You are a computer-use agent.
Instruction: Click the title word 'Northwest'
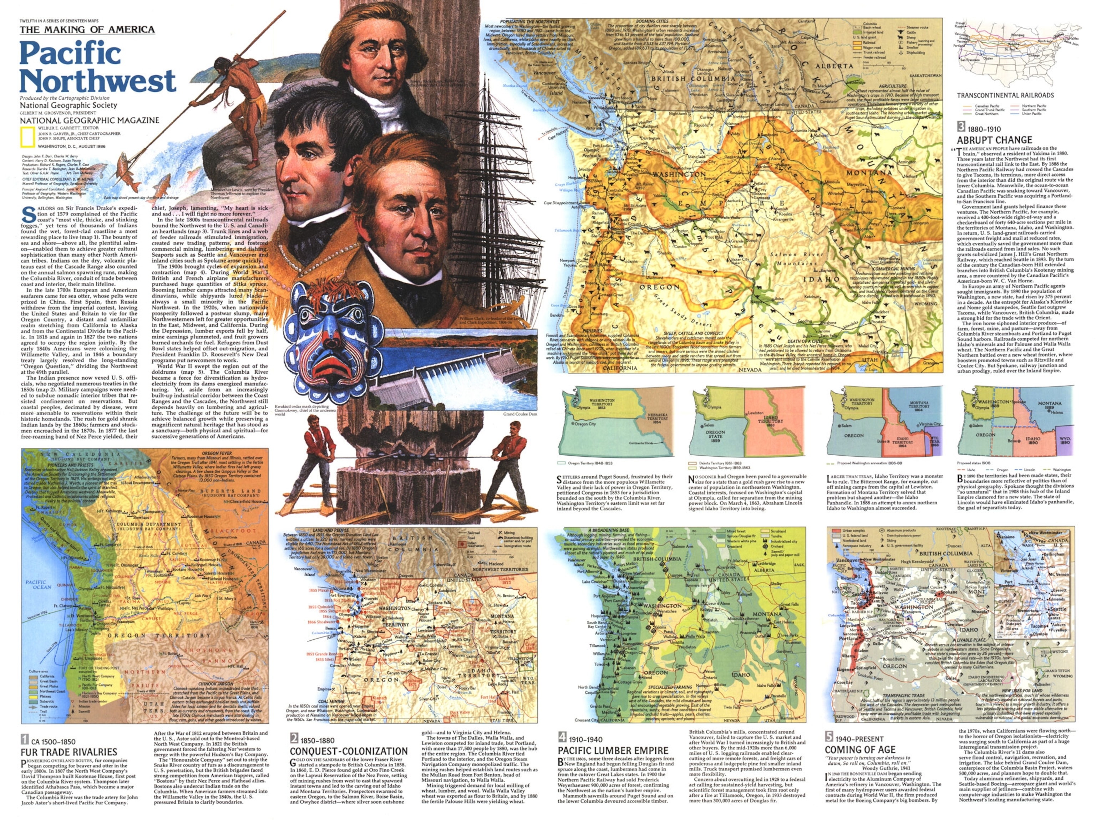click(x=98, y=80)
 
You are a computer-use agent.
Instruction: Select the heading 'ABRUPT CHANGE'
click(x=994, y=140)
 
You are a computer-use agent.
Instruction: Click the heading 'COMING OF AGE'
click(x=860, y=750)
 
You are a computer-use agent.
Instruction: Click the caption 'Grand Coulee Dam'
click(x=520, y=414)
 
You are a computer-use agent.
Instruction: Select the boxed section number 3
click(x=961, y=127)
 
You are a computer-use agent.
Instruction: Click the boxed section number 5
click(x=829, y=736)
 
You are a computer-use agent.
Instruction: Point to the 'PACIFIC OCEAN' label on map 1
click(x=39, y=584)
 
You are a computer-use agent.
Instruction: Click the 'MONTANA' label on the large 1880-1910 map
click(x=869, y=173)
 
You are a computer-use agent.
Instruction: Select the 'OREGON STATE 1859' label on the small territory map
click(x=715, y=436)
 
